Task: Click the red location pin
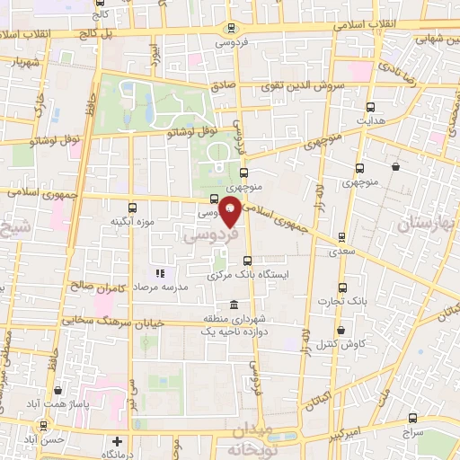point(230,210)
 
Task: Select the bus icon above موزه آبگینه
point(133,207)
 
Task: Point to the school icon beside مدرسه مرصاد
point(160,272)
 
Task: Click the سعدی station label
point(341,252)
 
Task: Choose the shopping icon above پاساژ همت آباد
point(58,391)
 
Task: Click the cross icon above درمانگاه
point(117,441)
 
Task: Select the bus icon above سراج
point(412,418)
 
